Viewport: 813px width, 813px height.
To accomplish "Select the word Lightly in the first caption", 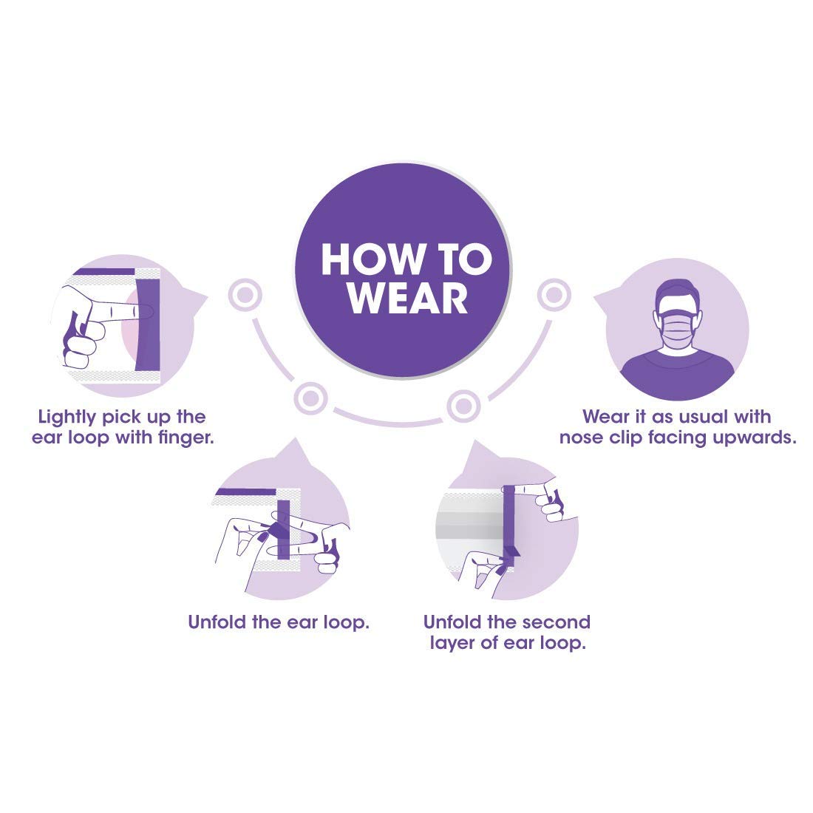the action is click(x=67, y=418).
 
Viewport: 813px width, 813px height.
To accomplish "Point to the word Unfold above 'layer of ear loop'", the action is click(x=450, y=622).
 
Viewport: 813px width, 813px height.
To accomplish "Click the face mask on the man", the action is click(x=678, y=330).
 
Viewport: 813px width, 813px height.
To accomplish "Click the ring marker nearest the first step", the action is click(x=245, y=295).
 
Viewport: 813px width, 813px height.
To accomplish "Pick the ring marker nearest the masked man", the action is click(x=554, y=295).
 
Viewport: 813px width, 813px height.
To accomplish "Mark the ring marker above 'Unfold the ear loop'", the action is click(x=310, y=398).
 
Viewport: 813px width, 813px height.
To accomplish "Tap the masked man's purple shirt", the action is click(x=678, y=373).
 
